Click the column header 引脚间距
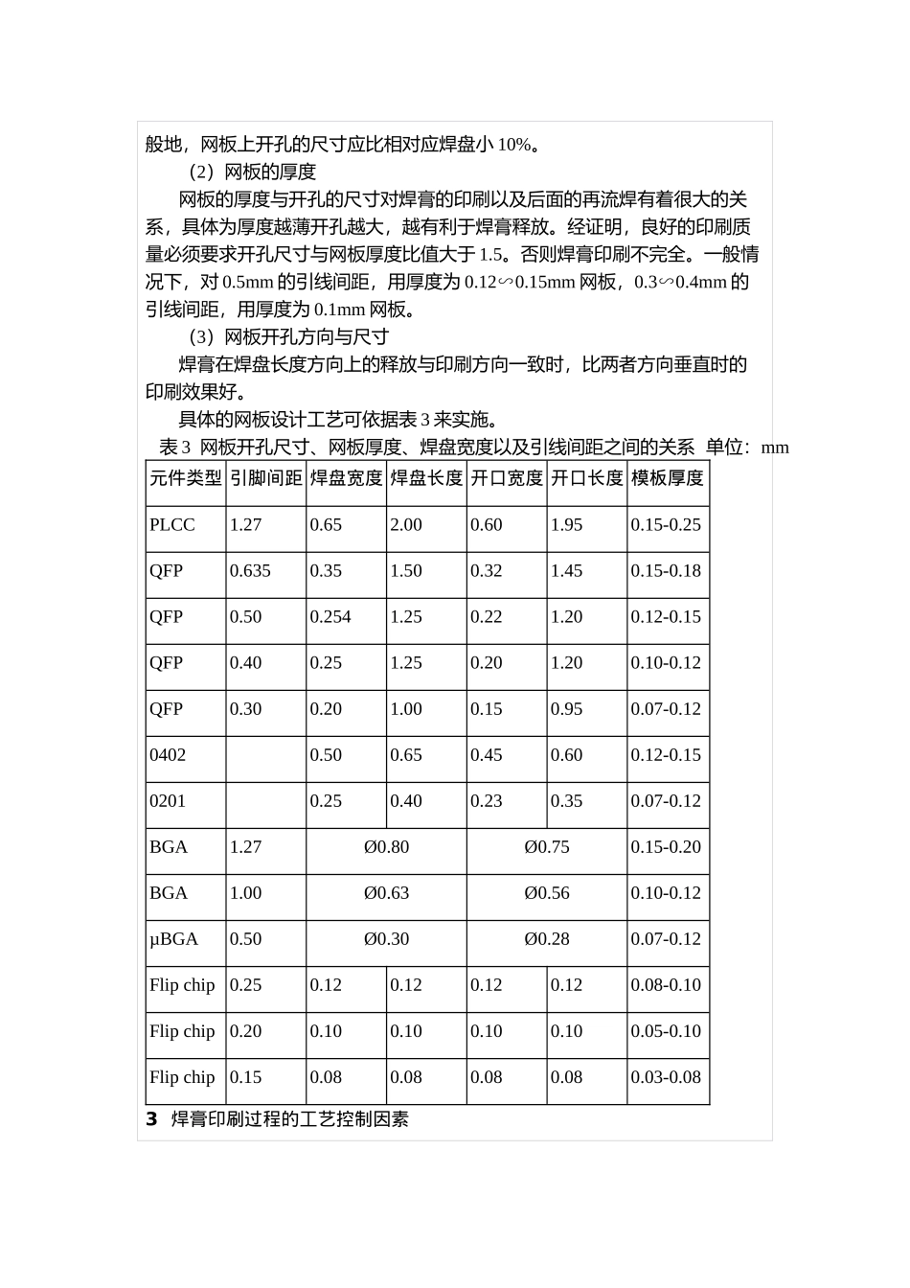265,477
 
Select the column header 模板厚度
667,477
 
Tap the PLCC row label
172,524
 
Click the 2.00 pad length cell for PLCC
406,524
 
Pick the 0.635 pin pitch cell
250,570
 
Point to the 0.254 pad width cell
330,616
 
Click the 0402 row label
168,754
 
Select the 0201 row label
168,800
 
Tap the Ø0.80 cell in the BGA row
386,846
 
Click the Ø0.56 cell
547,892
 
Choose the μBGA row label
174,938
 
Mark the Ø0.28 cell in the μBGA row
547,938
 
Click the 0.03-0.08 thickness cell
666,1076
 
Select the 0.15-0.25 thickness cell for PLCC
666,524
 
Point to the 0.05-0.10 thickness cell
666,1030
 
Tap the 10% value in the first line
513,145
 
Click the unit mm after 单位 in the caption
775,448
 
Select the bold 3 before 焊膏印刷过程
151,1118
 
